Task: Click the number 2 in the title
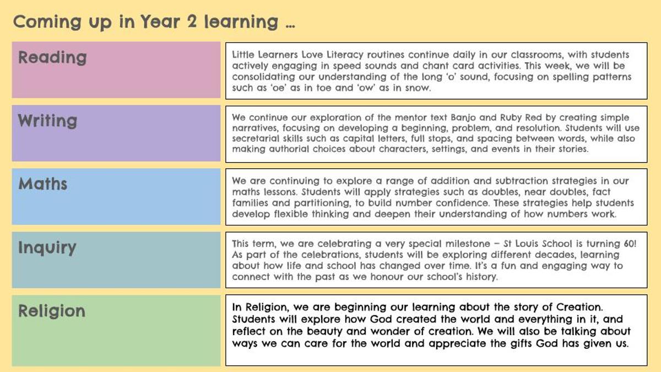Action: (192, 21)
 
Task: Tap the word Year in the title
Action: (160, 21)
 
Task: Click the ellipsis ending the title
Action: (290, 26)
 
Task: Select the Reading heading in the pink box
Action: (52, 57)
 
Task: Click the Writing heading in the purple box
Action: (47, 121)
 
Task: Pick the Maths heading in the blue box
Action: (43, 184)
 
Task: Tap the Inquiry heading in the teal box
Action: (47, 247)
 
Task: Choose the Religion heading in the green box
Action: (52, 311)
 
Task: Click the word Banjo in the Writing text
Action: (463, 118)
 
